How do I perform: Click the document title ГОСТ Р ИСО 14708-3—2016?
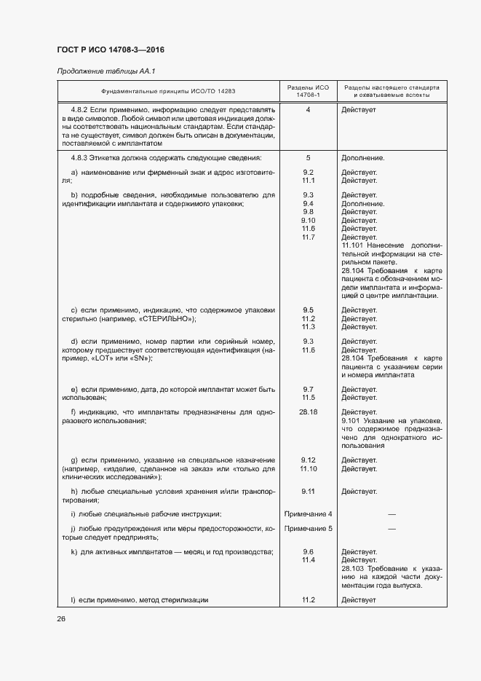click(110, 50)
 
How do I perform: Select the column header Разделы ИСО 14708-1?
click(308, 91)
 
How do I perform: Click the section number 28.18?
click(308, 412)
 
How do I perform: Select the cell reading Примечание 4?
click(308, 514)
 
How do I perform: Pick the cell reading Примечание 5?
click(308, 528)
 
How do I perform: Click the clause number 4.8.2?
click(79, 109)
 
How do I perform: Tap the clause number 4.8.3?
click(79, 157)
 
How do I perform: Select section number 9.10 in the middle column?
click(308, 220)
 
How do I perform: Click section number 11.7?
click(308, 237)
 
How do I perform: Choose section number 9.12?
click(308, 460)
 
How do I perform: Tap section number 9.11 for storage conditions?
click(308, 492)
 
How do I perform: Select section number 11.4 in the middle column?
click(308, 560)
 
